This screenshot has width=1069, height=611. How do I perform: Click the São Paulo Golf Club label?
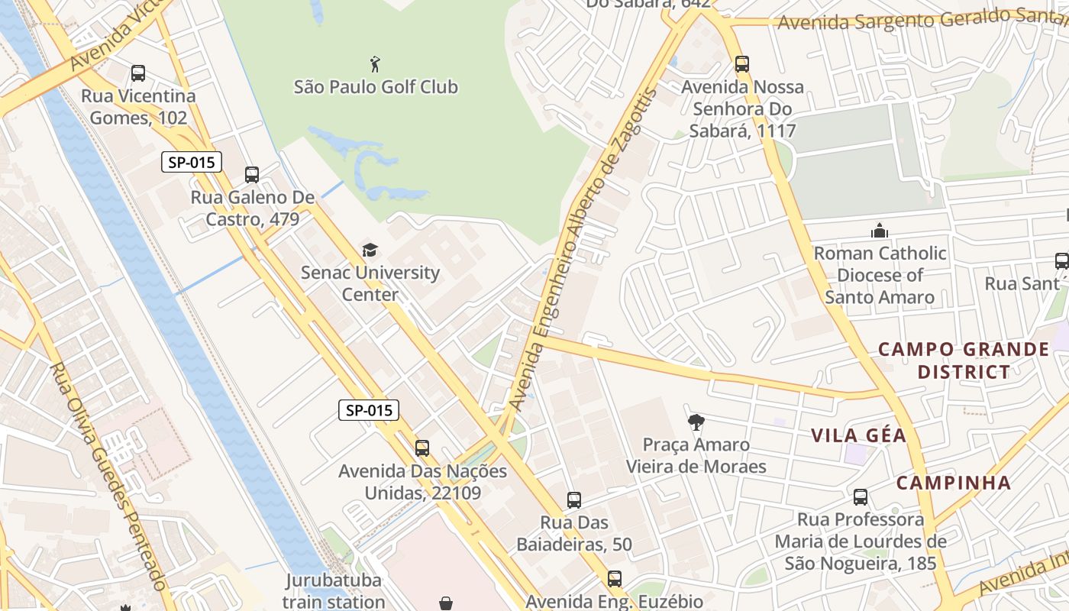pos(376,87)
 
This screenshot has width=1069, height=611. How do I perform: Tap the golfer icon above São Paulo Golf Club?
pos(374,63)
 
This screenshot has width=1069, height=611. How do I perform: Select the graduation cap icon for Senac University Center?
pos(370,250)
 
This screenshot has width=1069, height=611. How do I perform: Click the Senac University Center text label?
pos(370,283)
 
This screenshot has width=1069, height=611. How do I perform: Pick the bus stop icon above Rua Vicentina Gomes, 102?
pos(138,73)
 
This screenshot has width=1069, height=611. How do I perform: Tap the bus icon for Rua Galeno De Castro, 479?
pos(252,175)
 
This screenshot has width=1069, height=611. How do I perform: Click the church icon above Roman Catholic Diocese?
pos(880,230)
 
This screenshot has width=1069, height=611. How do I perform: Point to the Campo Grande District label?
pos(964,360)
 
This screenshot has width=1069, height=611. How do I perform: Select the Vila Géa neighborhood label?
pos(858,435)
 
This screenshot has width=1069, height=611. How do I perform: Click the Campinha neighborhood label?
pos(953,483)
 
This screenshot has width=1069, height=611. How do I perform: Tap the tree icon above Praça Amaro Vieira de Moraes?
pos(696,422)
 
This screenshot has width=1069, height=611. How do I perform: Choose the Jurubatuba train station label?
pos(333,590)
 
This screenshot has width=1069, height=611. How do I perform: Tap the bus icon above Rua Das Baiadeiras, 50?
pos(574,500)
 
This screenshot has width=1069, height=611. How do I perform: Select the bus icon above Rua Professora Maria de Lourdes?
pos(861,497)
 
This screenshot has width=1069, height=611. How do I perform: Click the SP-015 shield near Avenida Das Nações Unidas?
pos(369,410)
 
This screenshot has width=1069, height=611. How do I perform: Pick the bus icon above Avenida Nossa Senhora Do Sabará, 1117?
pos(741,64)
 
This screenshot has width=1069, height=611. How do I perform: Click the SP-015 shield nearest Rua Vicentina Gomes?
pos(192,162)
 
